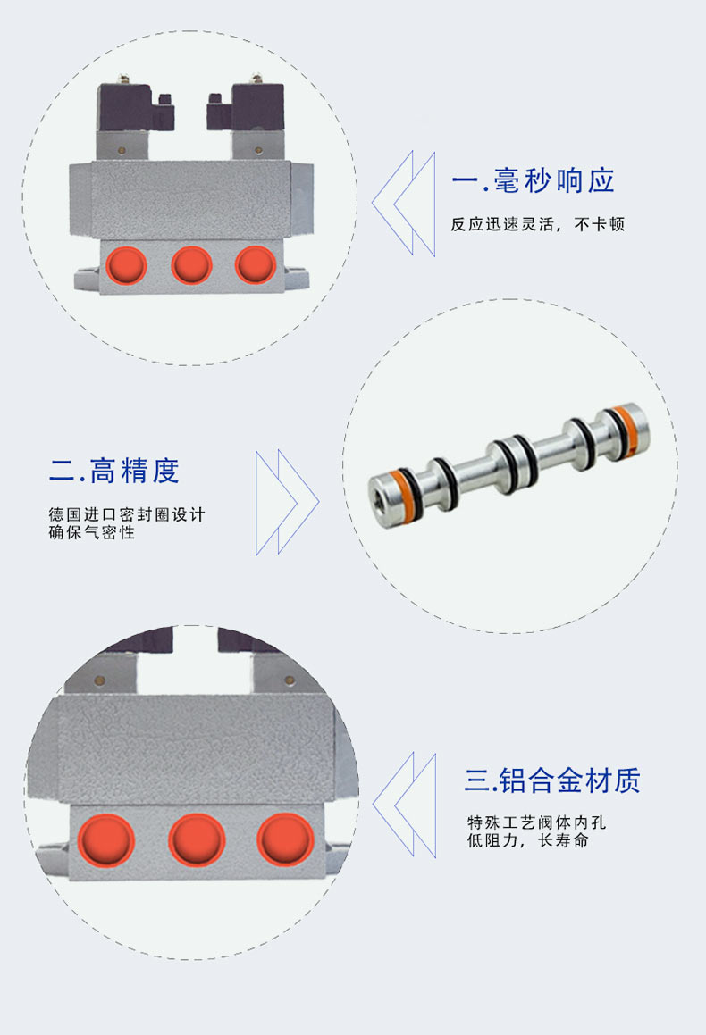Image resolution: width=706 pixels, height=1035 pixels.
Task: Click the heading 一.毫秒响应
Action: pos(533,181)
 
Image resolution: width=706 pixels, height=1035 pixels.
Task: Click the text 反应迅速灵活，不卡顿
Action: pos(538,224)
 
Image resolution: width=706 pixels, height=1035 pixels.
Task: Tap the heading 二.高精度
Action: pos(114,471)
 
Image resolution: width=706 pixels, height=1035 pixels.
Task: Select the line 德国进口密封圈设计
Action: pos(127,514)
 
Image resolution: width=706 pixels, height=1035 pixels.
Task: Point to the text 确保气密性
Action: pos(92,532)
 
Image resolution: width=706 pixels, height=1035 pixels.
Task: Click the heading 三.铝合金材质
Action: pos(552,780)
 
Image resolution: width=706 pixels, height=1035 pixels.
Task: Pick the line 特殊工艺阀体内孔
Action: pos(536,822)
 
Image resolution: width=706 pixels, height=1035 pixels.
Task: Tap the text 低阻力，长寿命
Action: pos(527,840)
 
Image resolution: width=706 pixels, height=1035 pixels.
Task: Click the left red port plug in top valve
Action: pos(126,264)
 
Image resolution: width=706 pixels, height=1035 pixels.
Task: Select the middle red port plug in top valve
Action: pos(191,264)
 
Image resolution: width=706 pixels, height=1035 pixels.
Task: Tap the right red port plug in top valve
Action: pos(256,264)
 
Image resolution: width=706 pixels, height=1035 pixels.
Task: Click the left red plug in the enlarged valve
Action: pos(106,839)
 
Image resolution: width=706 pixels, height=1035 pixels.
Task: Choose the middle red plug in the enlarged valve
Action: pos(197,839)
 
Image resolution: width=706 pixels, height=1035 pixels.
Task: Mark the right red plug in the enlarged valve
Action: pos(285,839)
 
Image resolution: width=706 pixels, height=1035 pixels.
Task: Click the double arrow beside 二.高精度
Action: pos(287,502)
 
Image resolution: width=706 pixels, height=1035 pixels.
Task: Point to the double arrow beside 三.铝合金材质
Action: pos(404,805)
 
